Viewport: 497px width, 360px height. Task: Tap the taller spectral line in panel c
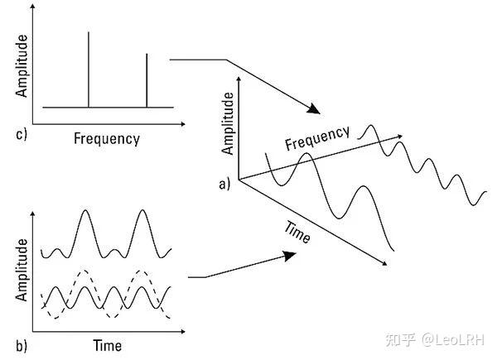89,70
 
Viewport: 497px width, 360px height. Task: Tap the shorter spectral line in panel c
147,81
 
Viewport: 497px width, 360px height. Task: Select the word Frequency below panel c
107,138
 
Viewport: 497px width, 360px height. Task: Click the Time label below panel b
107,344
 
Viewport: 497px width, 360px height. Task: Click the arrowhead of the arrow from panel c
312,110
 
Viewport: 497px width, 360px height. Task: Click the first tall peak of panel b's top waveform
85,211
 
